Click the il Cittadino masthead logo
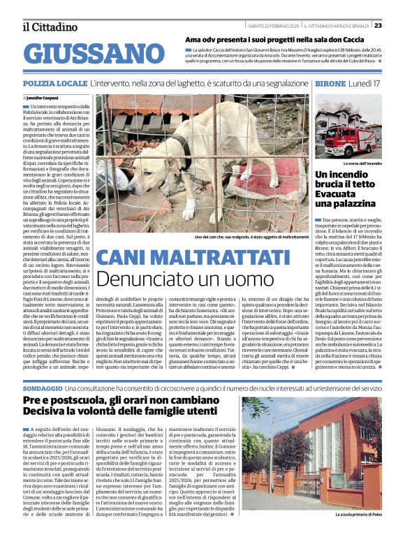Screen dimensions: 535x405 [50, 27]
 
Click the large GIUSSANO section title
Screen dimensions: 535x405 [88, 54]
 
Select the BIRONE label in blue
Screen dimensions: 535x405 [331, 83]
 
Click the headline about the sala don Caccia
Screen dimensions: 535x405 [265, 39]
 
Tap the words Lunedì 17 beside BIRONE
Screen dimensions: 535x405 [365, 83]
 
